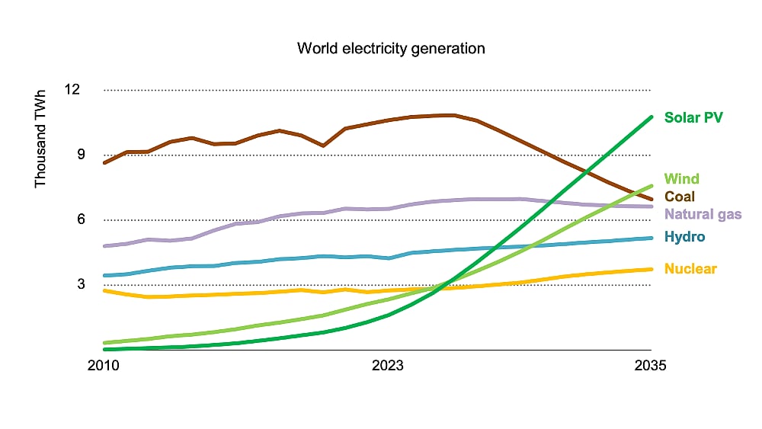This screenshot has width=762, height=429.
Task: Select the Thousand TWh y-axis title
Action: pos(40,139)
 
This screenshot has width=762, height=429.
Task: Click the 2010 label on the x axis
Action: pos(104,365)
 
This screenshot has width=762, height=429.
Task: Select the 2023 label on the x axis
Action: pos(388,365)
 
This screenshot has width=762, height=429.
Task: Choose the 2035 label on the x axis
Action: pos(651,365)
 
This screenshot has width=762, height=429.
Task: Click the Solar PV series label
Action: pos(693,117)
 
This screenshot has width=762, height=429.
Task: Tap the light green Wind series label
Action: pos(681,179)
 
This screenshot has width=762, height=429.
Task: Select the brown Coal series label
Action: pos(680,197)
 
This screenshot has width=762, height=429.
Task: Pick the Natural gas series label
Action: pos(703,214)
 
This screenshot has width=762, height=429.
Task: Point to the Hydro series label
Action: pos(684,237)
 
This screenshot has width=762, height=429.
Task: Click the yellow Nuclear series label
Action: pos(690,268)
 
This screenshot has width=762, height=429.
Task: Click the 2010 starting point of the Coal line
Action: pos(104,163)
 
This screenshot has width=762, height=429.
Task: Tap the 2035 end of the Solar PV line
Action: pos(652,117)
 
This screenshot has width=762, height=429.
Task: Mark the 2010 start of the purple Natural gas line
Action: pos(104,246)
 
